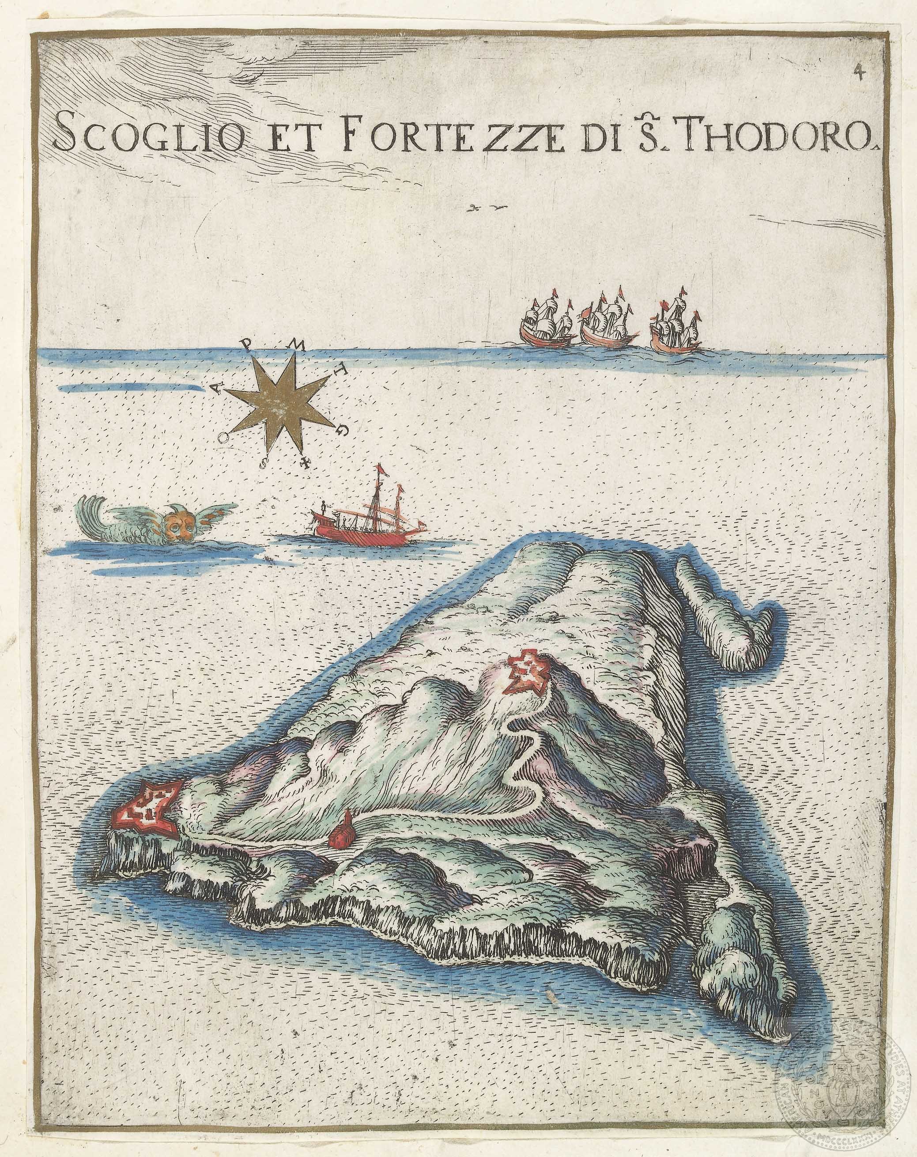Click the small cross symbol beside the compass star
[x=306, y=463]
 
